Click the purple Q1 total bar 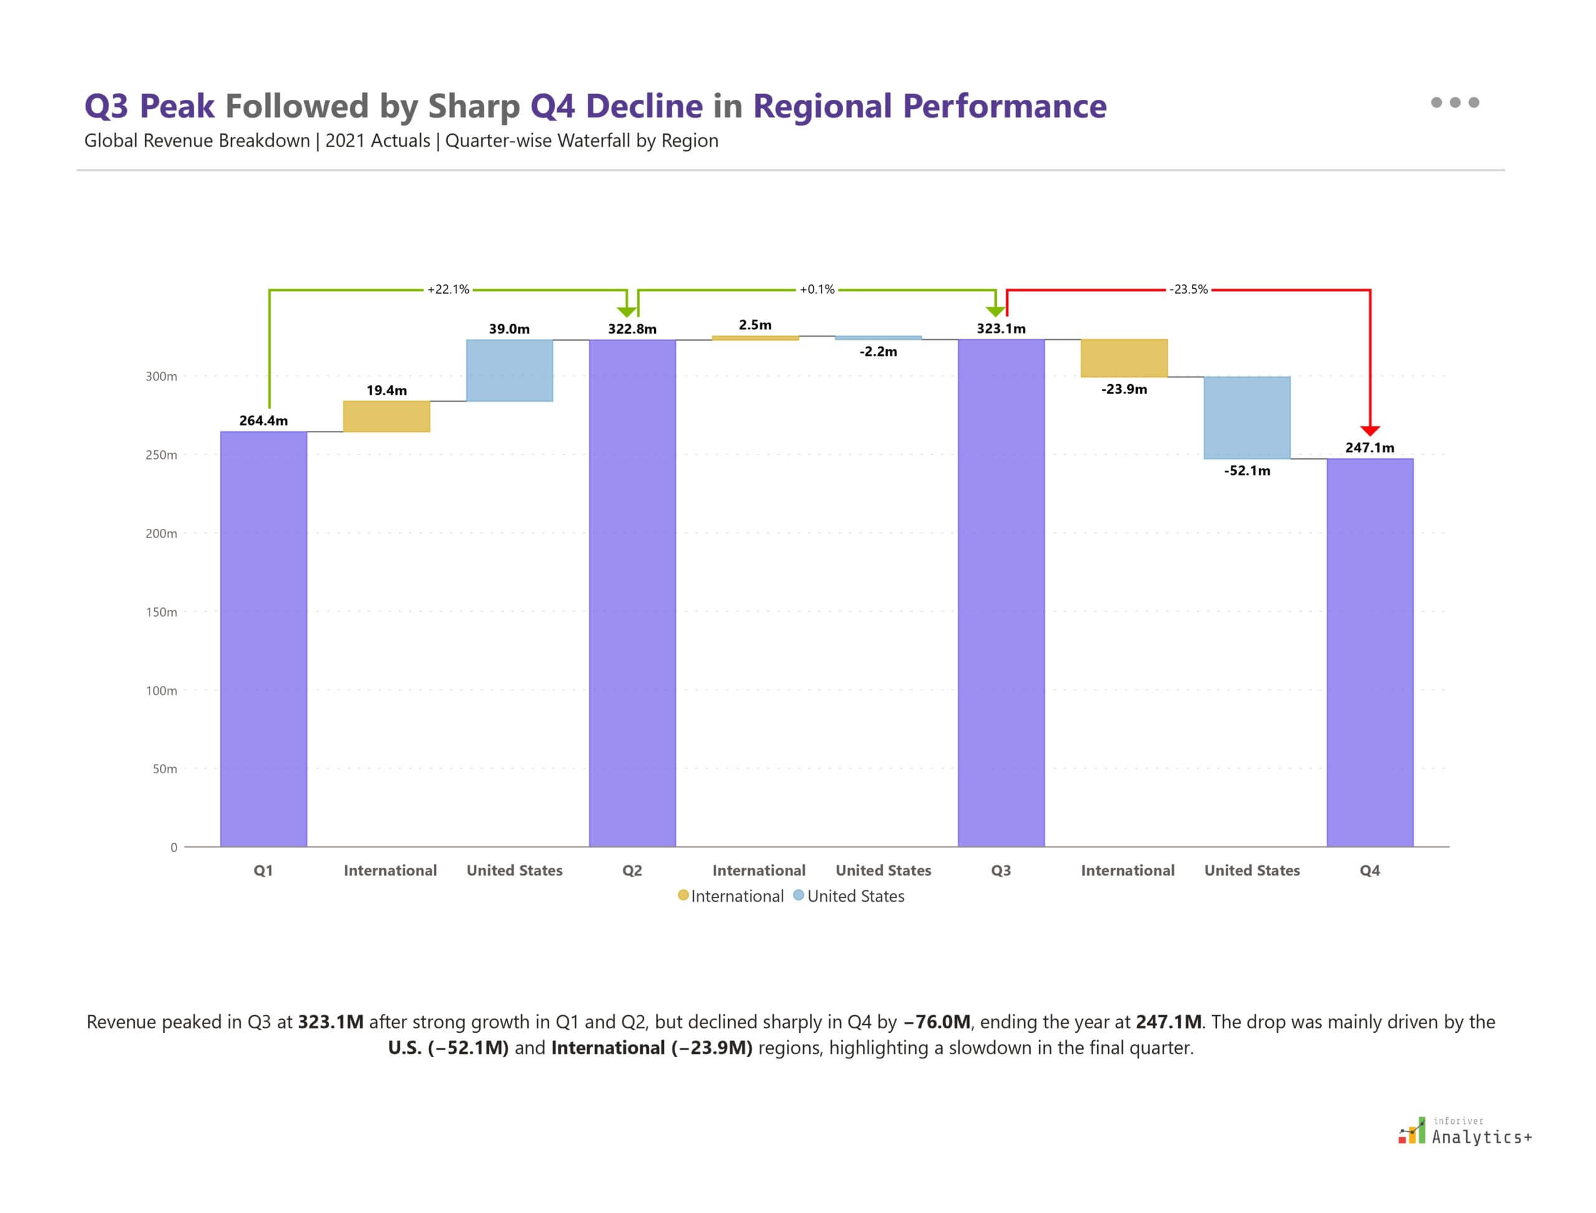point(264,639)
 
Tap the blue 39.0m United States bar point(509,370)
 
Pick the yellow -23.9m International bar point(1124,358)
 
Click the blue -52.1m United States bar point(1247,417)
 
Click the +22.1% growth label point(448,289)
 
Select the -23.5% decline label point(1188,289)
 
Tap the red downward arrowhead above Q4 point(1369,430)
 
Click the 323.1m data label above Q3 point(1001,329)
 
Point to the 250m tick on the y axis point(161,455)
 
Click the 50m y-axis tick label point(164,769)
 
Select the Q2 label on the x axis point(632,870)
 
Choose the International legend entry point(731,896)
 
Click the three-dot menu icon point(1454,102)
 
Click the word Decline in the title point(644,106)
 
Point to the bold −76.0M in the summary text point(936,1022)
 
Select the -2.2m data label point(878,352)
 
